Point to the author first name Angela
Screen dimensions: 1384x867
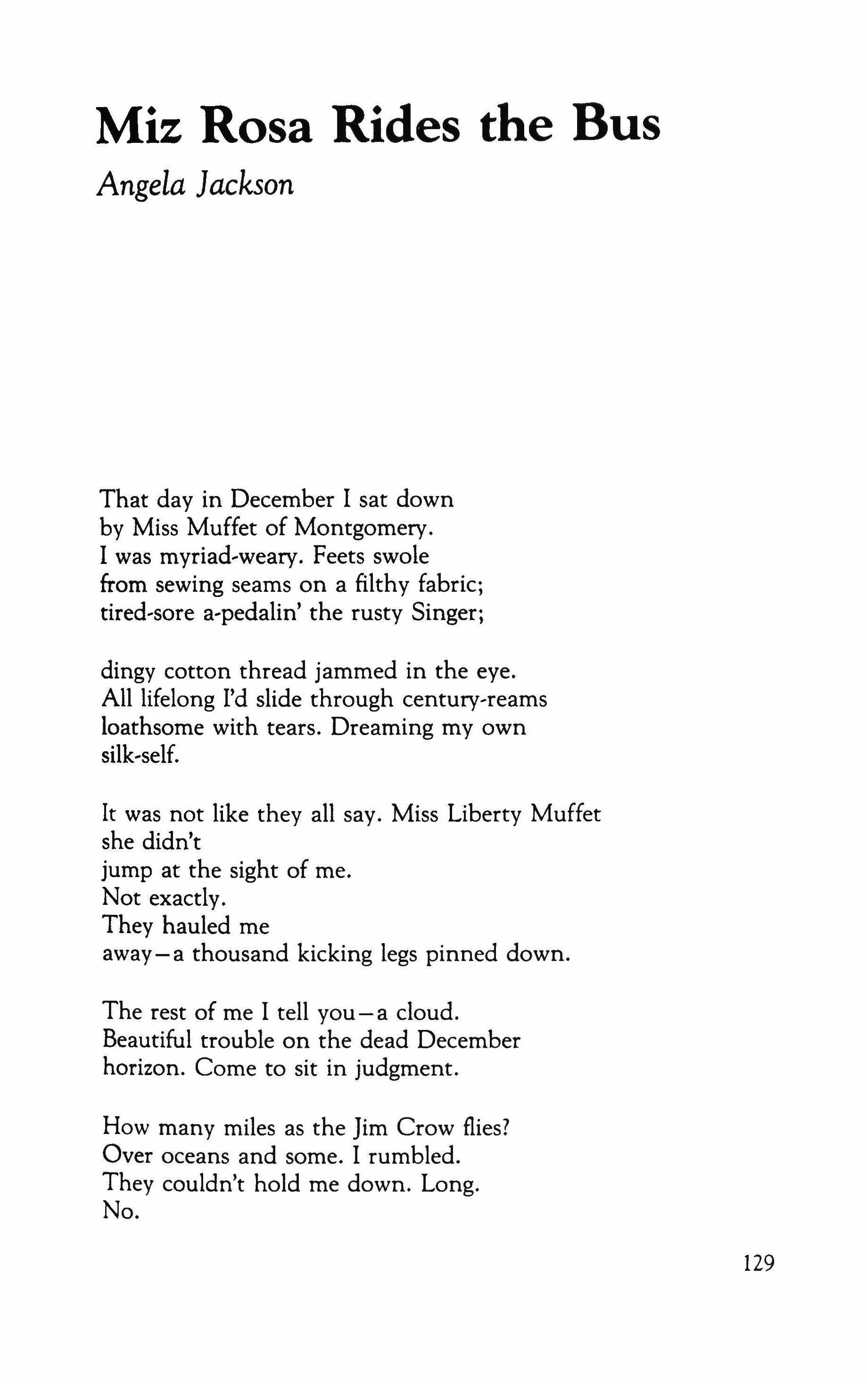pyautogui.click(x=141, y=186)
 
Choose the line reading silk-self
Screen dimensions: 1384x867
pyautogui.click(x=140, y=755)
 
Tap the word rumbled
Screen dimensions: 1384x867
pyautogui.click(x=414, y=1156)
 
